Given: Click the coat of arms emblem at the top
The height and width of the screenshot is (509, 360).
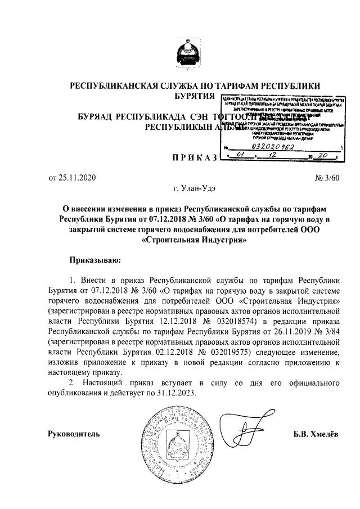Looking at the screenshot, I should [186, 55].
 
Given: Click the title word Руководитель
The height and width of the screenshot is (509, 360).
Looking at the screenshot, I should [75, 434].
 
